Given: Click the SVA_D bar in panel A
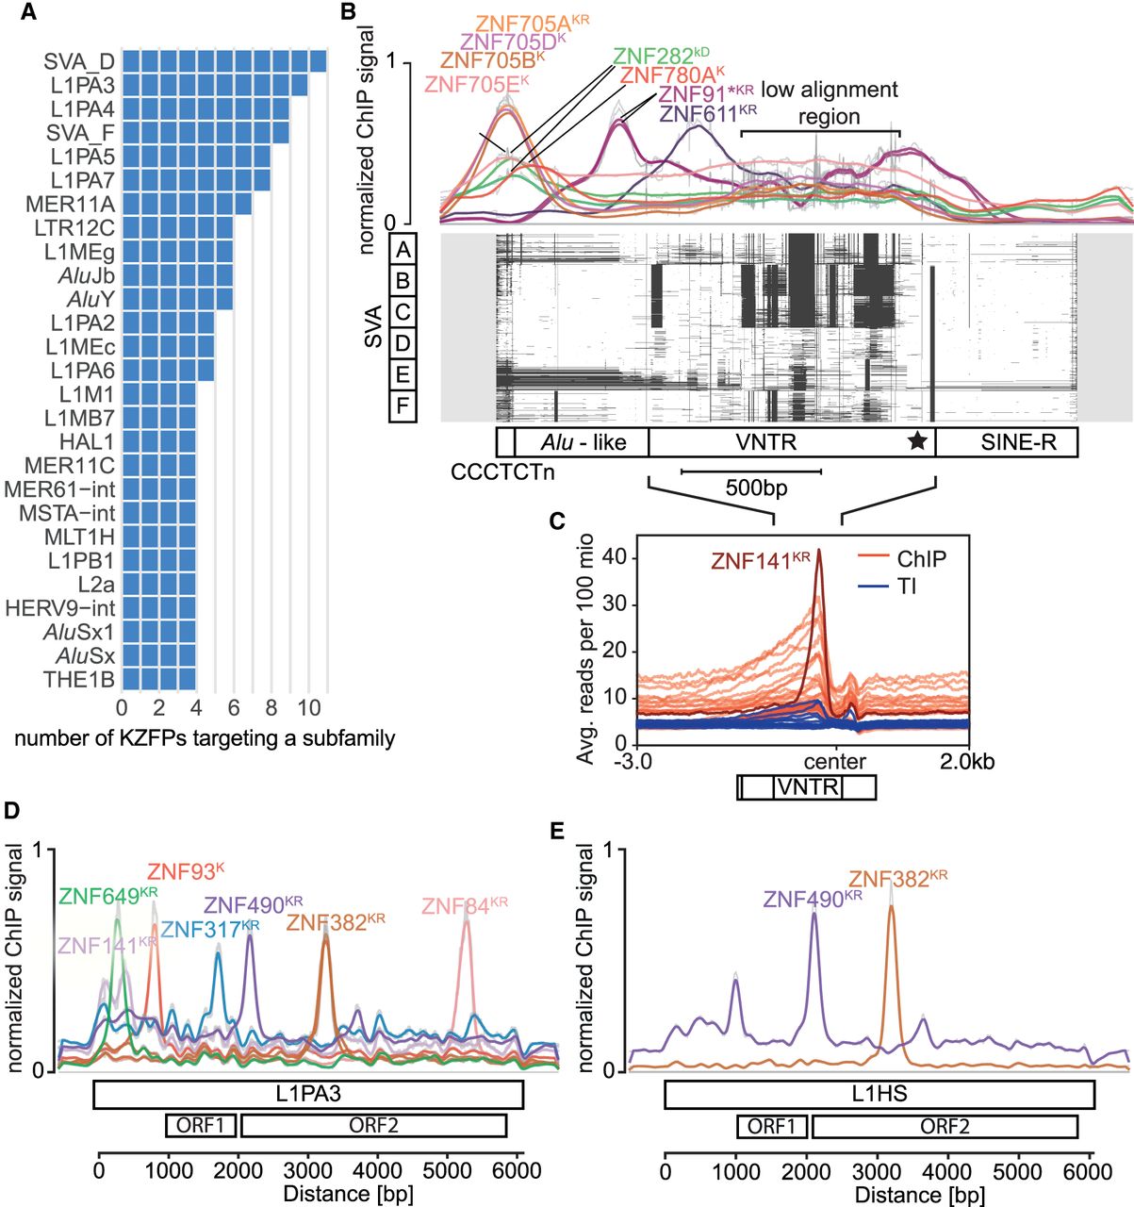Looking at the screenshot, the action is coord(224,61).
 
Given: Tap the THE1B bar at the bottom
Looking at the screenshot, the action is coord(158,680).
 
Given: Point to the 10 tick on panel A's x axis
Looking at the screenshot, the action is coord(309,708).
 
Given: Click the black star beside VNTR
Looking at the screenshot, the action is coord(917,442).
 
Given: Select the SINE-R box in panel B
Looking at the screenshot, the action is coord(1007,442).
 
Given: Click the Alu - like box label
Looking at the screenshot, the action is coord(583,442).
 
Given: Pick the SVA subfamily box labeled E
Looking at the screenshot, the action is coord(403,373).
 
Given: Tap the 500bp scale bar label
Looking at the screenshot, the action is coord(756,488).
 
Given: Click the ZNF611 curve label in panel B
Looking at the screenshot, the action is coord(708,114).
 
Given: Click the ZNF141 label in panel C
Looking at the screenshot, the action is coord(761,560).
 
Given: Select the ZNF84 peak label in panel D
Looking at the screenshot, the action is coord(465,906).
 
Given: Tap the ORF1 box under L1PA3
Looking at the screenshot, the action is coord(201,1126).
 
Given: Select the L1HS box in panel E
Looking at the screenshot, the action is coord(879,1094).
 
